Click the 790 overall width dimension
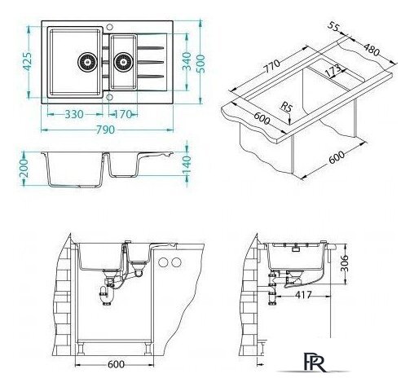pos(105,130)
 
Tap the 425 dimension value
pos(28,62)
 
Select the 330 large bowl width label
pos(74,114)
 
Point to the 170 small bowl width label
pos(123,114)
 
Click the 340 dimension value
pos(187,61)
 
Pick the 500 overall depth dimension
pos(200,64)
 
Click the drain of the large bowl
pos(87,62)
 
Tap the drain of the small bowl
pos(123,62)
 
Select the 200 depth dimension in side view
pos(24,169)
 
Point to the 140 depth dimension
pos(187,165)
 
